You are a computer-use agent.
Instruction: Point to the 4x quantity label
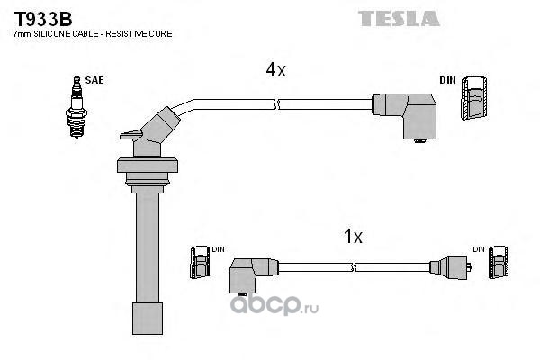tap(274, 69)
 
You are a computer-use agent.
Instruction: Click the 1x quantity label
tap(353, 238)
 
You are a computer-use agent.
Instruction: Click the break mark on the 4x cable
tap(278, 104)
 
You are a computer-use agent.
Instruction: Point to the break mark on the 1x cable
tap(355, 266)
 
